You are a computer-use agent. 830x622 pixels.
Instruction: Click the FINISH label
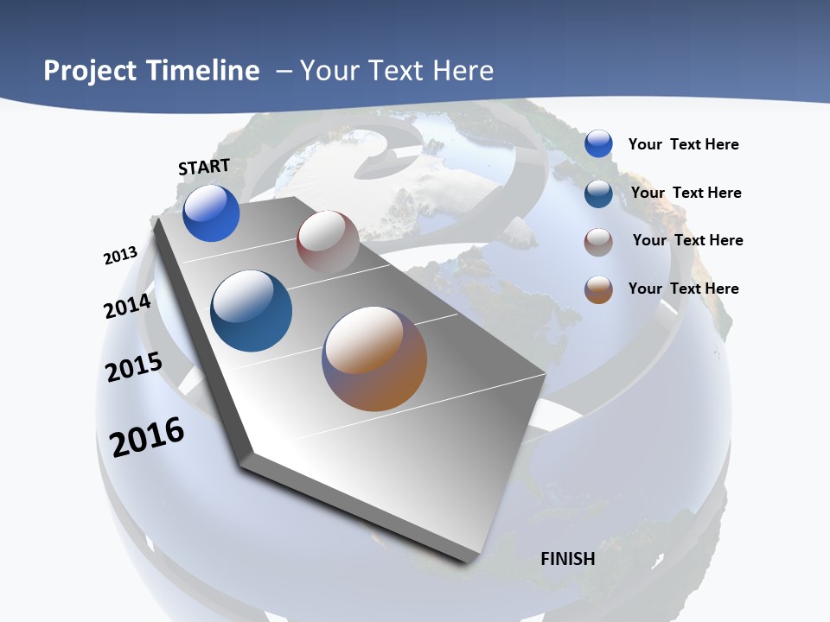pos(567,559)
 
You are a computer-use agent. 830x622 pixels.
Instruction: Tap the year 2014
pos(127,306)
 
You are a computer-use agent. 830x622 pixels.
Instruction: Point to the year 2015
pos(134,366)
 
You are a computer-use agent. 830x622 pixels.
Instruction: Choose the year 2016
pos(147,436)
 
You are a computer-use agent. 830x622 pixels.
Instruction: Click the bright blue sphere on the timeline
pos(211,213)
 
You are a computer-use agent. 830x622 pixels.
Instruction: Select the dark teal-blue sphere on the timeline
pos(251,311)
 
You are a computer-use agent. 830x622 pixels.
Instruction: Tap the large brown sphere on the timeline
pos(374,359)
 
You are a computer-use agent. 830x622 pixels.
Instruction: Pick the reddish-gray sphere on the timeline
pos(328,242)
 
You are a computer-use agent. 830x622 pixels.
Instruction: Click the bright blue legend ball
pos(598,143)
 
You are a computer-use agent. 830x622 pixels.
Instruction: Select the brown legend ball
pos(598,289)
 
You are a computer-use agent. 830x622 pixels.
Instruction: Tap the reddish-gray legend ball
pos(598,243)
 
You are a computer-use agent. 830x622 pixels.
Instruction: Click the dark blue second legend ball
pos(598,194)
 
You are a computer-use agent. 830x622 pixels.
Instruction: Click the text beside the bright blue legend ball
pos(683,144)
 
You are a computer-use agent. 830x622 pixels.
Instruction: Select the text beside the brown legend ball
pos(683,289)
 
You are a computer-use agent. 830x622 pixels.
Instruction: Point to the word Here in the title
pos(463,71)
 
